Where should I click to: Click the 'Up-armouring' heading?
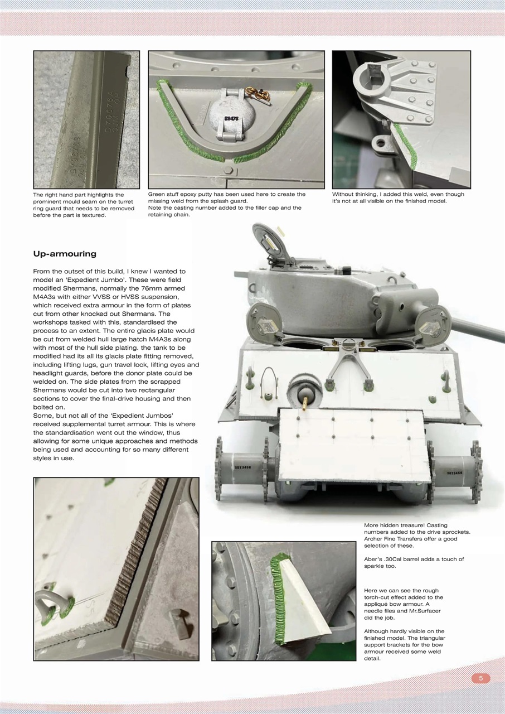[65, 254]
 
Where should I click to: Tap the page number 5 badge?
[480, 678]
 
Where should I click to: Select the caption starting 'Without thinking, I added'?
[398, 198]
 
